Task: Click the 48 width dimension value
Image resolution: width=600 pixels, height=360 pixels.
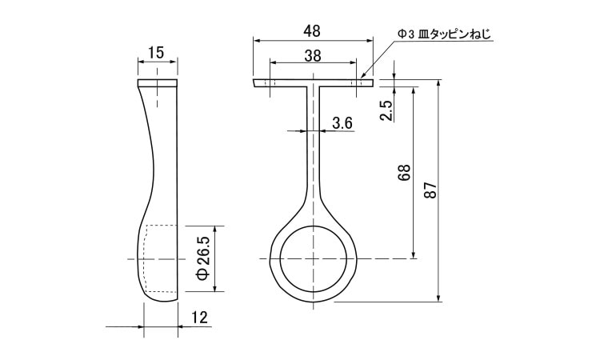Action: coord(313,31)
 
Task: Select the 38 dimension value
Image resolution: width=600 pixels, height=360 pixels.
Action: coord(313,56)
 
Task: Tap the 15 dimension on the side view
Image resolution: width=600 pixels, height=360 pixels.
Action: coord(156,53)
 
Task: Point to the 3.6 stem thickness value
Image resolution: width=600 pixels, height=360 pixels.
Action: coord(342,123)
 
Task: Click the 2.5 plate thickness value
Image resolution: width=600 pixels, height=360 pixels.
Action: coord(387,110)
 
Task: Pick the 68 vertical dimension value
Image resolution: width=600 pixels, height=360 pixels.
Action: coord(404,173)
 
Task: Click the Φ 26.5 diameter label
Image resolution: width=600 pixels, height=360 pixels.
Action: coord(204,258)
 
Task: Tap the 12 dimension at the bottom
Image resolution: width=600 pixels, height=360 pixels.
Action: coord(199,318)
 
